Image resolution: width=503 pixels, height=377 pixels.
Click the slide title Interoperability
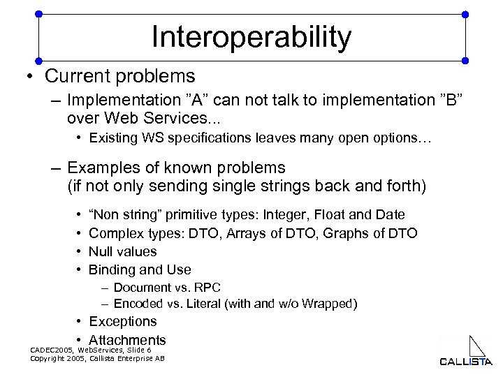pyautogui.click(x=251, y=38)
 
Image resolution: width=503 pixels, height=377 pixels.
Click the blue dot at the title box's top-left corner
pyautogui.click(x=38, y=13)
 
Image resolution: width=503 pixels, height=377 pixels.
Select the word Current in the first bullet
pyautogui.click(x=73, y=75)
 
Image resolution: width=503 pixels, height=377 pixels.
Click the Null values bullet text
pyautogui.click(x=123, y=251)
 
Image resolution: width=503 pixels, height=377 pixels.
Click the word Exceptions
pyautogui.click(x=123, y=321)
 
